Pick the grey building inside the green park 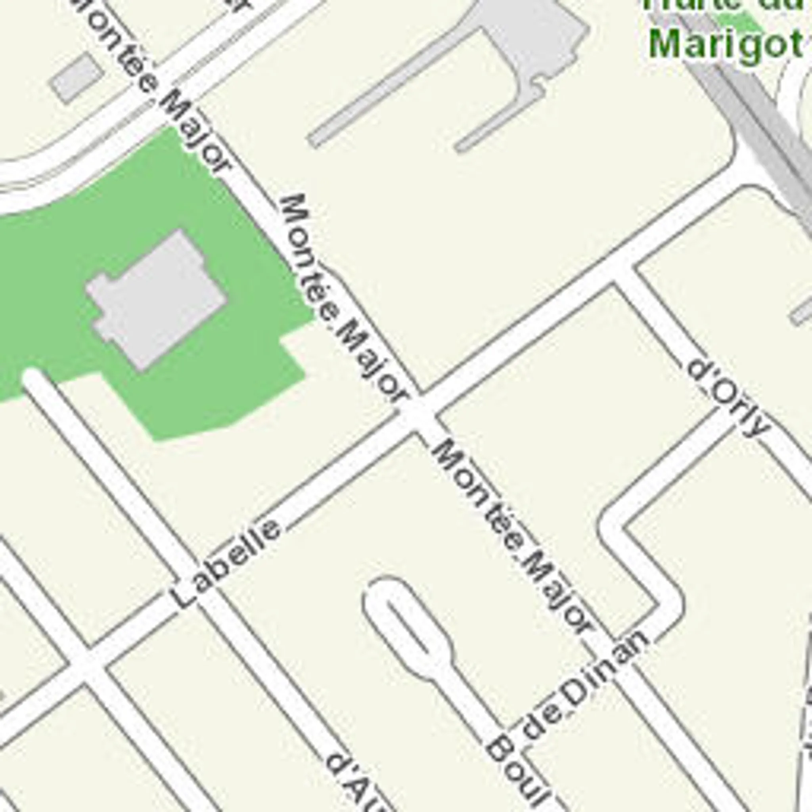pos(158,301)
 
